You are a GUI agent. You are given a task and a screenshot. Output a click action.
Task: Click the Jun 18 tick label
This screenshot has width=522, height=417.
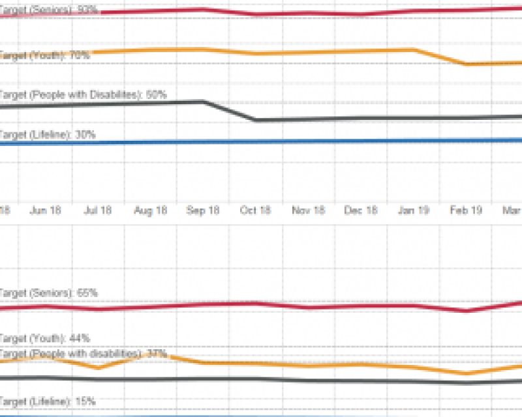46,210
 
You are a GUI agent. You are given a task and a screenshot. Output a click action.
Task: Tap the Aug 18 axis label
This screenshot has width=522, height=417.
151,210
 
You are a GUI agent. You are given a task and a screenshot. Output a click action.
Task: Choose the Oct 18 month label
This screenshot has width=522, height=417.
255,210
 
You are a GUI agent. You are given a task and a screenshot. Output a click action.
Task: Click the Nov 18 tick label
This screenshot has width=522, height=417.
308,210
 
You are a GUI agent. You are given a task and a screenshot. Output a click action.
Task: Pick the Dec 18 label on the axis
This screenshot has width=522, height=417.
361,210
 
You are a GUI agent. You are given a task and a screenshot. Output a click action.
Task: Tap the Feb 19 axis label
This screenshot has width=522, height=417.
466,210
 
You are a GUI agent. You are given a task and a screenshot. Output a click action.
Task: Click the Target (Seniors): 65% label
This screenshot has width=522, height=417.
49,293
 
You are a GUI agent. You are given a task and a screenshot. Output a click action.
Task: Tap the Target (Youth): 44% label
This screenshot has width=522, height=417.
44,338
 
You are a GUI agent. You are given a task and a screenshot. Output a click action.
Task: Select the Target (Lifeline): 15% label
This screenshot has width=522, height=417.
48,401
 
